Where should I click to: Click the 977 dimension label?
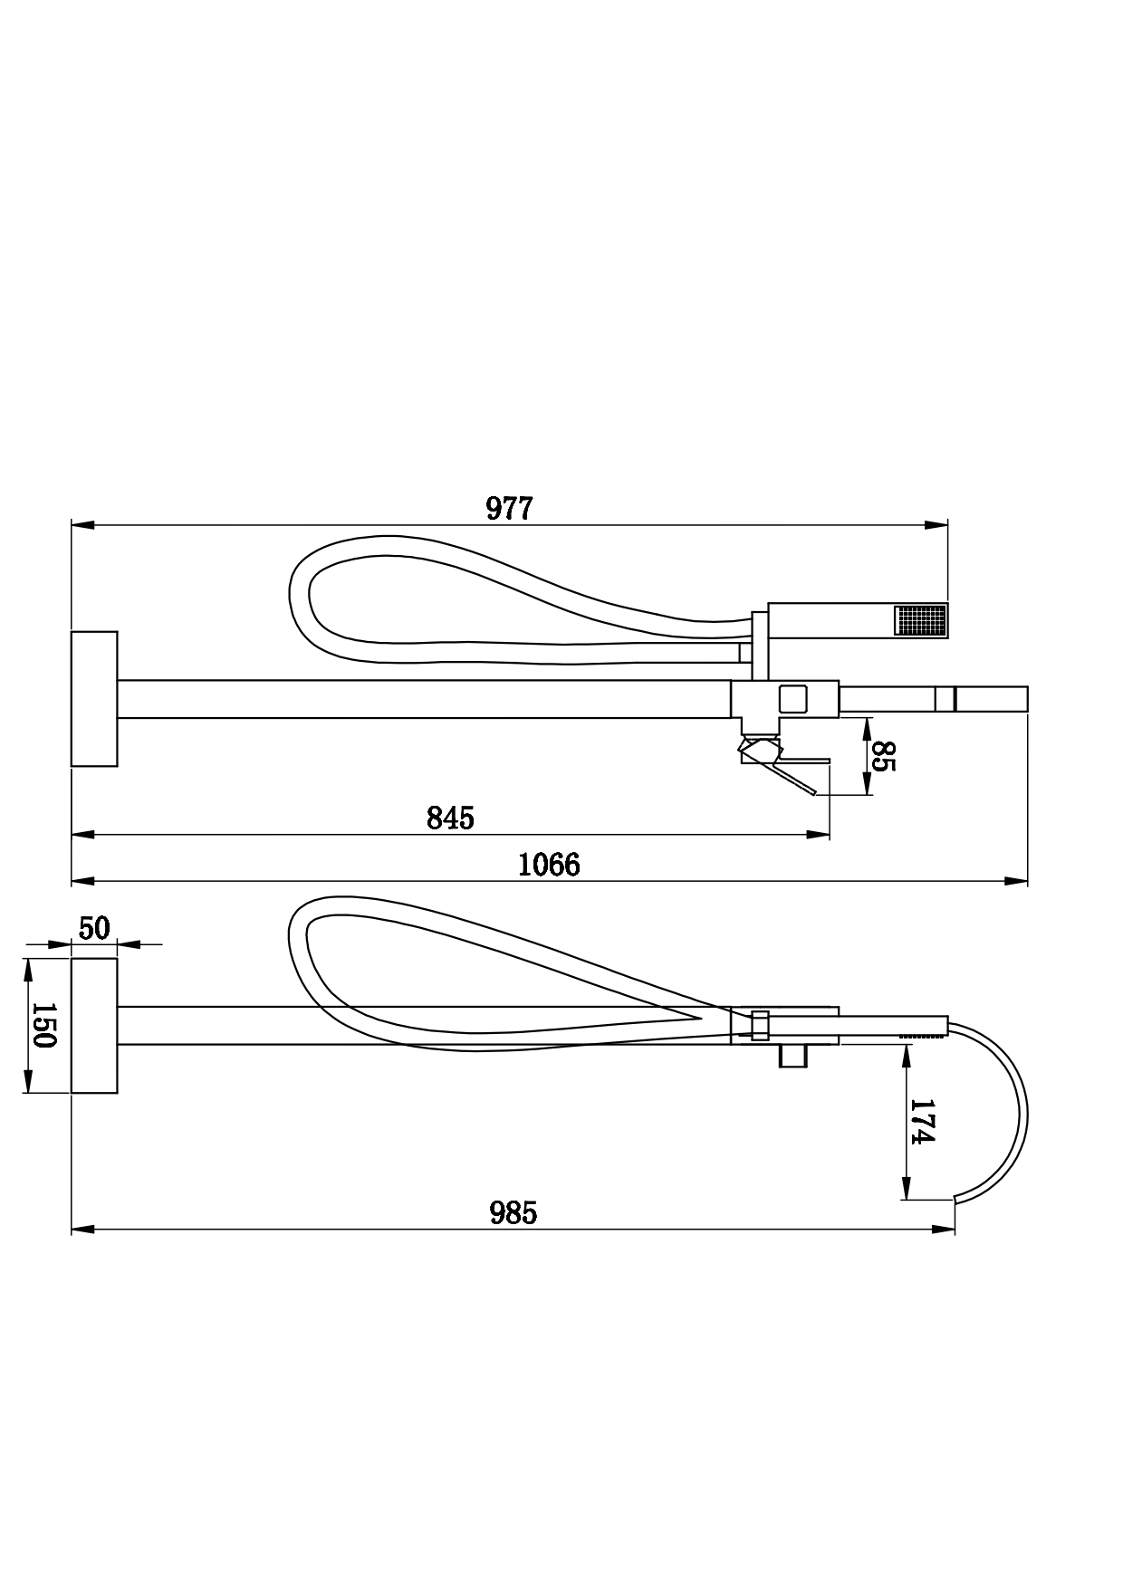[510, 509]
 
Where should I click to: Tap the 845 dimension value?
[450, 818]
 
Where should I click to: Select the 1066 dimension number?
[549, 865]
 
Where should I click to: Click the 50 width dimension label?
[94, 928]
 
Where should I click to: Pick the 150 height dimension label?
[43, 1025]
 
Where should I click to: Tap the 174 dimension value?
[921, 1122]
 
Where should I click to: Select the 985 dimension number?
[514, 1212]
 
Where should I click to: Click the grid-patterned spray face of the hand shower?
[920, 620]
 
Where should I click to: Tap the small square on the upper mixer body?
[793, 698]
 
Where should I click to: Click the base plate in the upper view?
[94, 698]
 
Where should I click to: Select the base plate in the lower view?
[94, 1025]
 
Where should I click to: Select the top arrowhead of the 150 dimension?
[28, 971]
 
